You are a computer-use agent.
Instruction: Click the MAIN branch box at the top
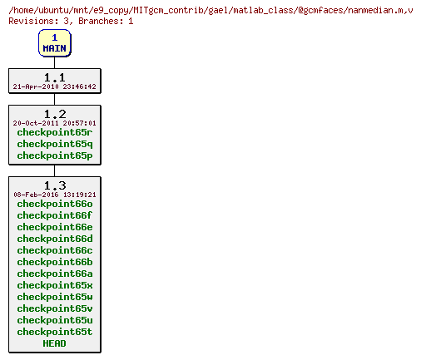click(x=55, y=43)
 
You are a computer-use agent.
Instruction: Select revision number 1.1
click(x=55, y=77)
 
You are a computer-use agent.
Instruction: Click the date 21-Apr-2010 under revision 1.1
click(x=55, y=86)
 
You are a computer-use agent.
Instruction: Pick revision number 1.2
click(x=55, y=114)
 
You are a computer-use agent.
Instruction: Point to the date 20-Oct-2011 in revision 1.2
click(x=55, y=123)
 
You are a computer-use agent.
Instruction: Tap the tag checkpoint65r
click(x=55, y=132)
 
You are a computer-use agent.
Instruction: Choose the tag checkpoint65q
click(x=55, y=144)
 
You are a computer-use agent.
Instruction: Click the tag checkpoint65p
click(x=55, y=155)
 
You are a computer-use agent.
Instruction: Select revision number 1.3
click(x=55, y=185)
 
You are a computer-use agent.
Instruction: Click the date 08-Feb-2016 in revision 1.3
click(x=55, y=195)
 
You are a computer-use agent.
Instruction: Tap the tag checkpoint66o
click(x=55, y=204)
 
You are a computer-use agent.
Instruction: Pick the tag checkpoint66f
click(x=55, y=215)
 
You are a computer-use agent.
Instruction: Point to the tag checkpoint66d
click(x=55, y=239)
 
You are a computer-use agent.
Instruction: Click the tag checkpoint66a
click(x=55, y=274)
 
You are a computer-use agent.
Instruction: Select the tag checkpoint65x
click(x=55, y=285)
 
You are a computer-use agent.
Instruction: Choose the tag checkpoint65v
click(x=55, y=308)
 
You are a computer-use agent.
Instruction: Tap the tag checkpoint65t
click(x=55, y=332)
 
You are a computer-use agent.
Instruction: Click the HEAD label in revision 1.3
click(x=55, y=343)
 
